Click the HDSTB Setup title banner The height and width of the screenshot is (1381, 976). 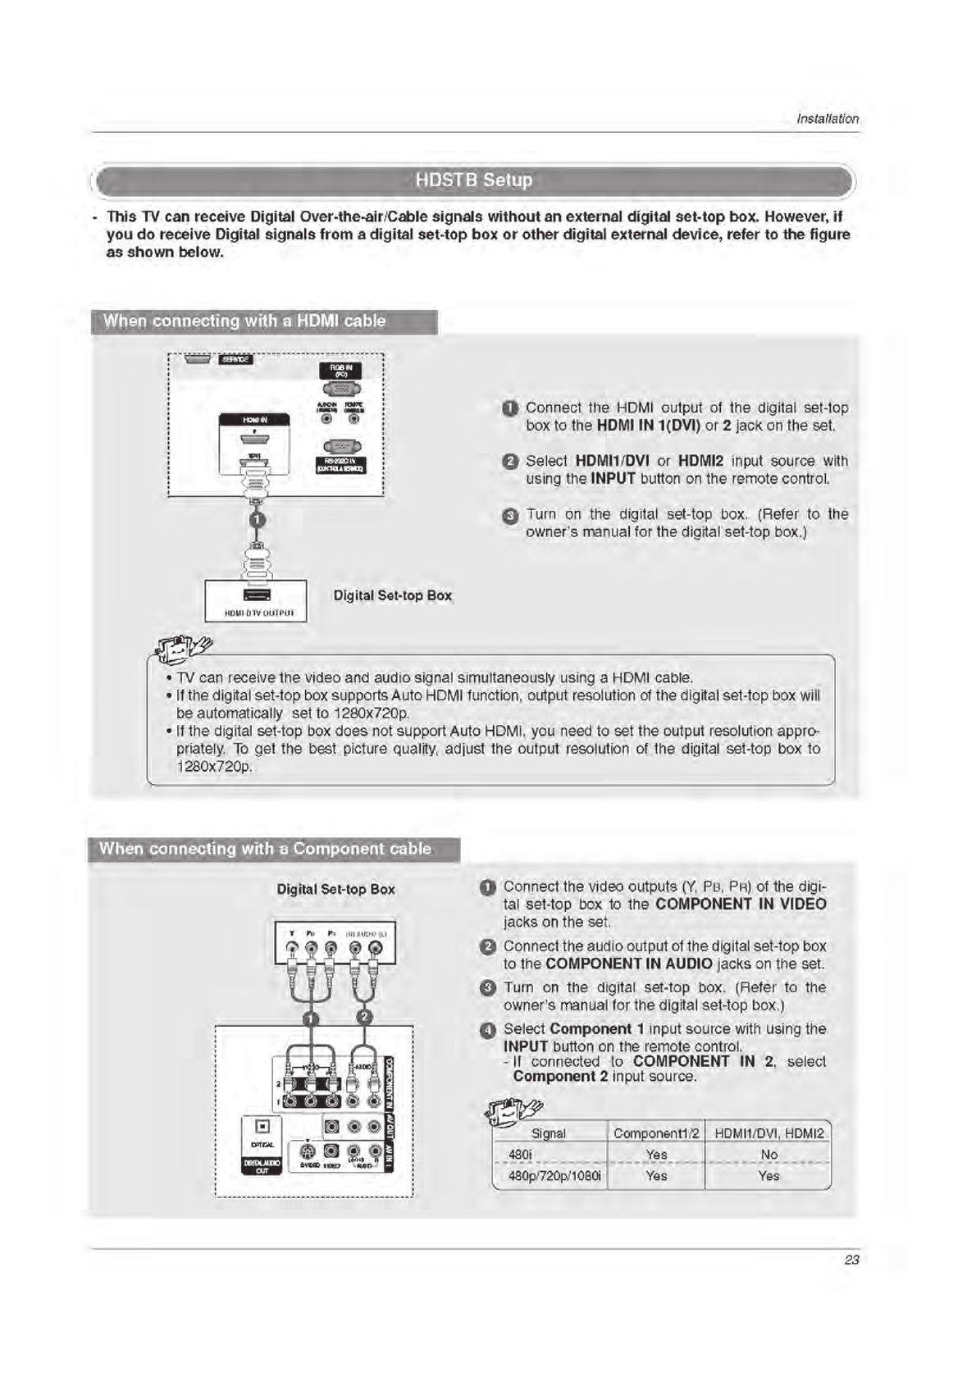[x=473, y=180]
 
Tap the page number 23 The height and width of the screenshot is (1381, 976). [x=851, y=1260]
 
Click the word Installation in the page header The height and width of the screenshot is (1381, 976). [x=828, y=119]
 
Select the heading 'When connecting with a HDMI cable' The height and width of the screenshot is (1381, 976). [x=244, y=321]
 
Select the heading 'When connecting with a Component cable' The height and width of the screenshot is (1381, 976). [x=265, y=849]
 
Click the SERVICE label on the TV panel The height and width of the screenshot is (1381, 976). [x=236, y=359]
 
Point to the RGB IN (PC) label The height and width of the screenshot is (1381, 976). [x=340, y=371]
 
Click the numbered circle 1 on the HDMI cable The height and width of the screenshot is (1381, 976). [x=257, y=520]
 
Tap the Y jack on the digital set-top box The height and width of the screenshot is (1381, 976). [x=293, y=950]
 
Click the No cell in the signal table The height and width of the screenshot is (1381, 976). [x=768, y=1155]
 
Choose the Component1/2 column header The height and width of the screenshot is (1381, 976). [x=656, y=1133]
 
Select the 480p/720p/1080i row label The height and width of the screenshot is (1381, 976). [x=554, y=1176]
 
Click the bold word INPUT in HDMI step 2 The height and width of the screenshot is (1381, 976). [x=613, y=479]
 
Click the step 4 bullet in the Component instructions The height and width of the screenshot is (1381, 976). [x=487, y=1030]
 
